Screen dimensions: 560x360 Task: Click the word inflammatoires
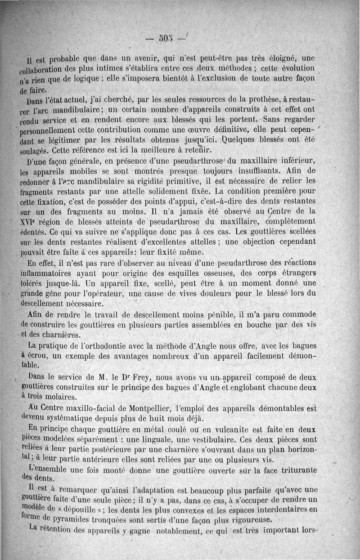[50, 273]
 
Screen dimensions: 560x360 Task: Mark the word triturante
[297, 470]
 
